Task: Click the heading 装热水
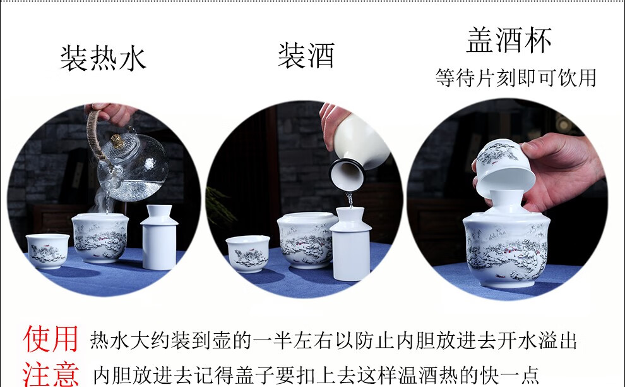104,58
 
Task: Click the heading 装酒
306,56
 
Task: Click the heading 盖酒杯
509,40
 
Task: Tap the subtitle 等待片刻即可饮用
516,78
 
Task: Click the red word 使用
51,339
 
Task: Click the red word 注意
51,374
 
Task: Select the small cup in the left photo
48,251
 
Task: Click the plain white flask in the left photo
159,237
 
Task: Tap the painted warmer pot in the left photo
100,238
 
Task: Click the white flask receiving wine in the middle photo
351,243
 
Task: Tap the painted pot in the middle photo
305,240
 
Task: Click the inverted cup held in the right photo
504,168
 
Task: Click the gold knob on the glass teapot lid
117,141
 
